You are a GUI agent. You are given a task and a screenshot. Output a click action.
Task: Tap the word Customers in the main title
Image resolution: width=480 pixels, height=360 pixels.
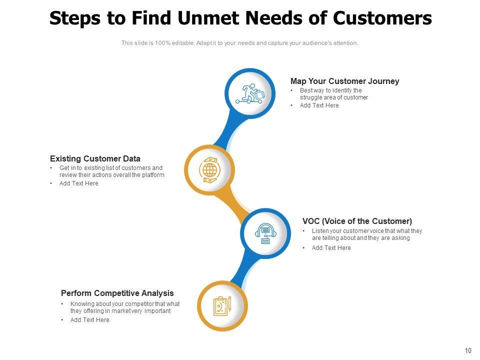382,18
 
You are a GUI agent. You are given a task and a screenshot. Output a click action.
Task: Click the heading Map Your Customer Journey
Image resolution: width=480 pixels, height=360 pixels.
344,81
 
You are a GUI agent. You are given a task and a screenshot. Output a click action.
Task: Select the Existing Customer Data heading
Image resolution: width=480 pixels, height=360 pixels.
95,158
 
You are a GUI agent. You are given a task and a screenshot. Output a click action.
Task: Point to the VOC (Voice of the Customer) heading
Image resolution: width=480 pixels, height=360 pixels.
357,221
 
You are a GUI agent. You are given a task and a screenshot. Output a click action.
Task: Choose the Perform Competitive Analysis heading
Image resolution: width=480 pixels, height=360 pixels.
117,293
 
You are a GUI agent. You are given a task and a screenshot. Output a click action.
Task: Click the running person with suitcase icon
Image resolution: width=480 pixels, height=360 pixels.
250,93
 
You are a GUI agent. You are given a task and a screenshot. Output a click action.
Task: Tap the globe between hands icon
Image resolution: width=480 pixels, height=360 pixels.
209,170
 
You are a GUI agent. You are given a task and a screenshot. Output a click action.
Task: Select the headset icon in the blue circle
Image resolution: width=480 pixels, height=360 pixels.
265,233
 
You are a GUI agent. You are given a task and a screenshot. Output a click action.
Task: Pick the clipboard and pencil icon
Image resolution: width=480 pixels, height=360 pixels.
222,306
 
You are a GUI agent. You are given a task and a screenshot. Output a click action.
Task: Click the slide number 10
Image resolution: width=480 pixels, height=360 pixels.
468,350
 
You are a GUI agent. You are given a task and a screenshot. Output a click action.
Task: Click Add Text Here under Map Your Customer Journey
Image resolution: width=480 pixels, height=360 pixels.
319,105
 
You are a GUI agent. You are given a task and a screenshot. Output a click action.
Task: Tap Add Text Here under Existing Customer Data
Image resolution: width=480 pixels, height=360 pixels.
78,183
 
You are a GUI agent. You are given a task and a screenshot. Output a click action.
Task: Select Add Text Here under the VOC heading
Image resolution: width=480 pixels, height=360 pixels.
331,248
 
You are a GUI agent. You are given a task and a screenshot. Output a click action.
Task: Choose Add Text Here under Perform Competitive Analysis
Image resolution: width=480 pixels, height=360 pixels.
89,320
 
